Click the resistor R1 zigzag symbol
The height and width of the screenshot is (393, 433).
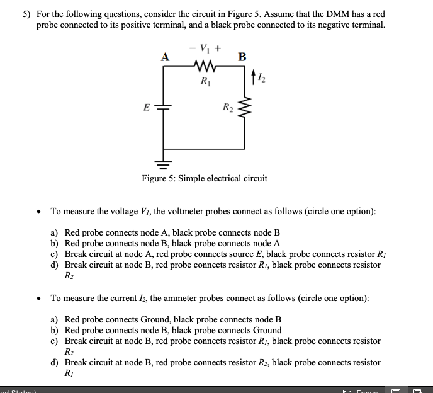(x=205, y=65)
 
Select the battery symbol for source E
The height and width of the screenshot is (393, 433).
(x=166, y=108)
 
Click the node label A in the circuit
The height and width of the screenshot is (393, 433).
(x=166, y=57)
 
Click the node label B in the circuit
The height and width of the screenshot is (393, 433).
(x=242, y=57)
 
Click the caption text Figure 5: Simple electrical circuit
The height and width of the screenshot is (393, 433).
(x=204, y=178)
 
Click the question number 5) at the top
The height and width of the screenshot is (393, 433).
(x=28, y=14)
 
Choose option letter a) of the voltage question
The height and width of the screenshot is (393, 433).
(x=55, y=232)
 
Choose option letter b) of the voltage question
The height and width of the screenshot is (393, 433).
(x=55, y=243)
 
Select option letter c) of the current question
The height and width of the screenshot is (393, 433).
(x=55, y=341)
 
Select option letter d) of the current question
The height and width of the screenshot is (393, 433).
(x=55, y=362)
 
